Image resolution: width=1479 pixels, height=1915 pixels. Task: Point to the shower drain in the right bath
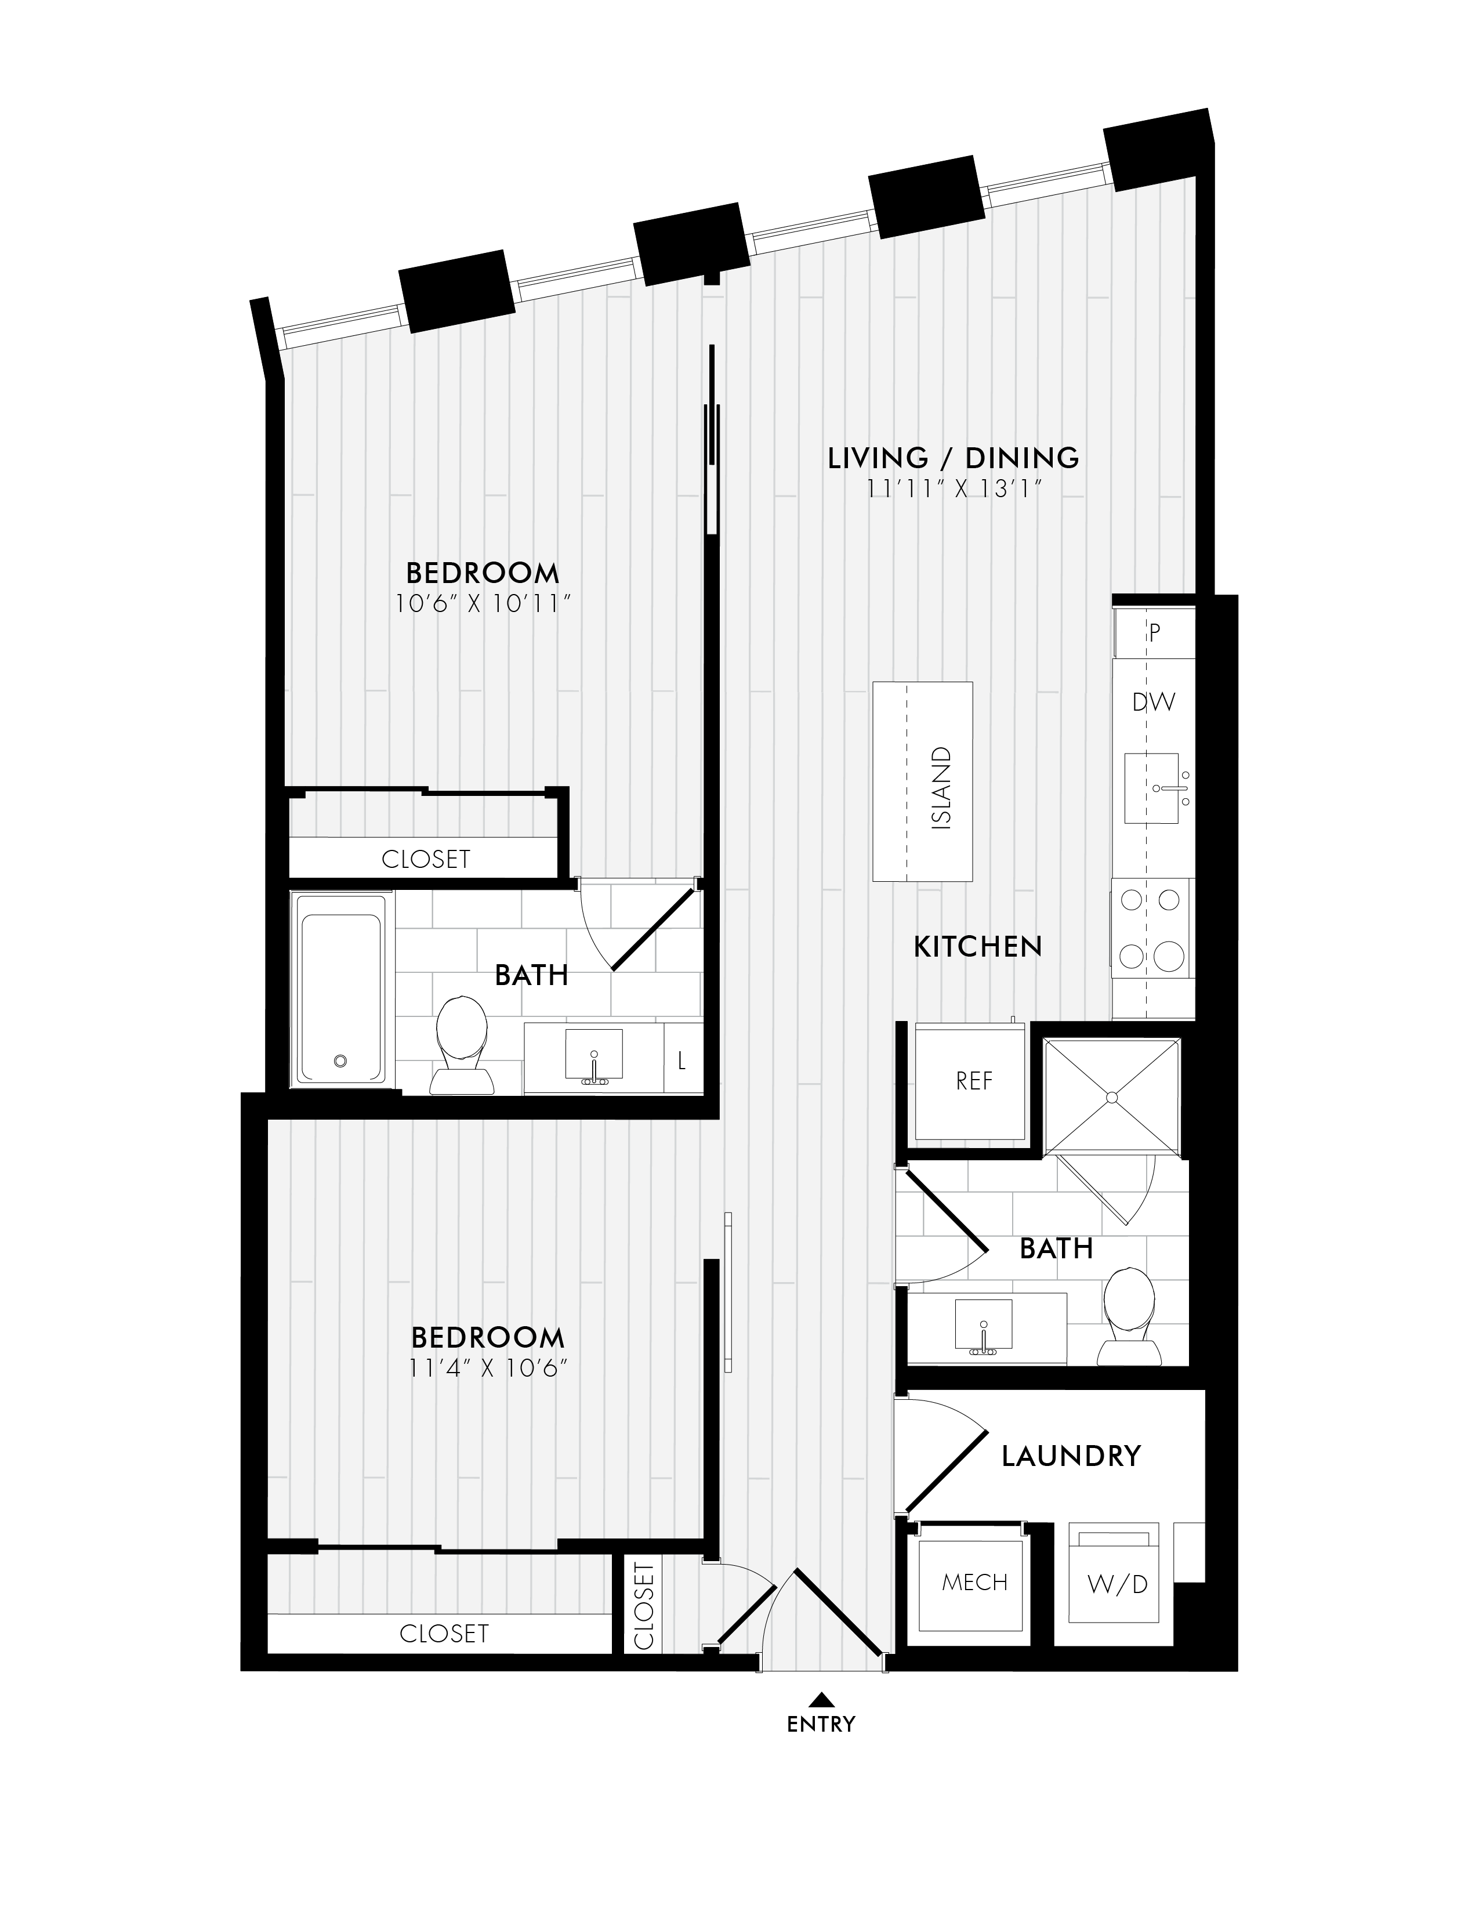(x=1112, y=1097)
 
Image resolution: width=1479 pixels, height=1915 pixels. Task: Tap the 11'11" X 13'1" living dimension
(x=953, y=488)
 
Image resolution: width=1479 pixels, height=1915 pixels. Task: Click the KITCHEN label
(x=977, y=947)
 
